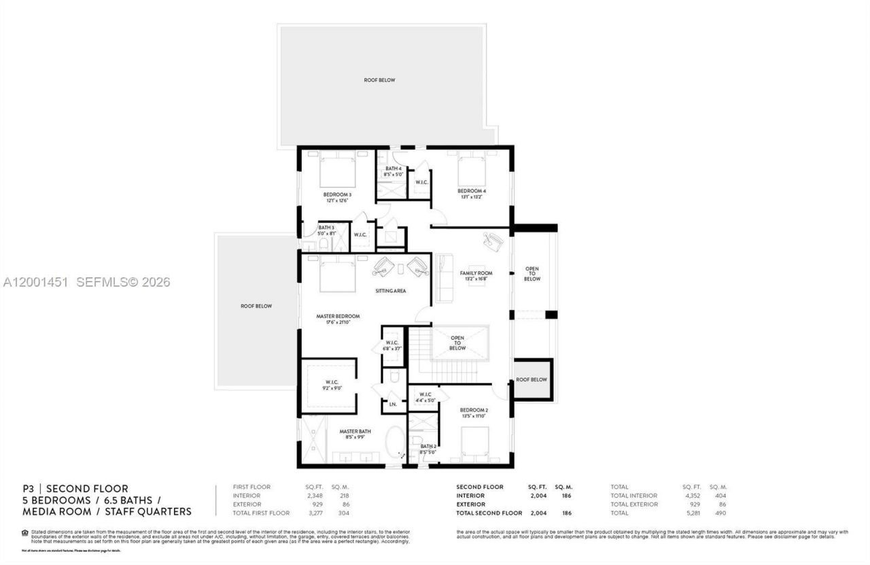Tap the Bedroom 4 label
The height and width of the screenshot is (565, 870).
click(x=472, y=191)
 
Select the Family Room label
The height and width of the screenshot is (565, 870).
click(x=476, y=273)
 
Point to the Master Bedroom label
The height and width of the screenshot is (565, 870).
click(x=338, y=316)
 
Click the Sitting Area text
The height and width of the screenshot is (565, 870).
click(x=391, y=291)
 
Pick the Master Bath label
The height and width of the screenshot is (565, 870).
click(x=355, y=431)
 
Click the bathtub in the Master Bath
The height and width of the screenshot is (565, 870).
click(x=395, y=443)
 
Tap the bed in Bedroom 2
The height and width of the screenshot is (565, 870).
click(x=475, y=443)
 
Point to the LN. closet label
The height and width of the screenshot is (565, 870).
click(x=393, y=404)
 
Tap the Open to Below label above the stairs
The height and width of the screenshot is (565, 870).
click(x=457, y=343)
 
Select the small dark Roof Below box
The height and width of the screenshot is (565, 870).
click(x=532, y=379)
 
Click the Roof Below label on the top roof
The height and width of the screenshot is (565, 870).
click(x=379, y=80)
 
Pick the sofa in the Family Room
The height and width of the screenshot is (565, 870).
click(x=444, y=277)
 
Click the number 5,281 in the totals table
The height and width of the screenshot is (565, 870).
click(x=692, y=513)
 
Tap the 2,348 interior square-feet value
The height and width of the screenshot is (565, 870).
click(x=315, y=496)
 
